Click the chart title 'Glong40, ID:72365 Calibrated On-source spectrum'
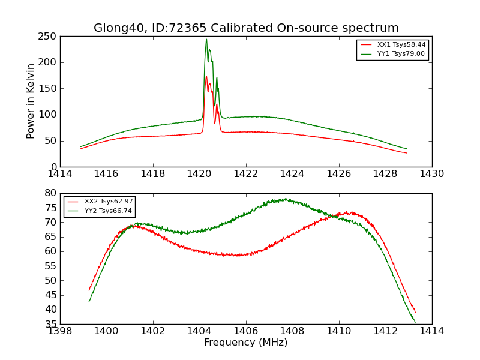(246, 28)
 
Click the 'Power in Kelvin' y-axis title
(31, 101)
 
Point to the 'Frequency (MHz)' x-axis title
(246, 343)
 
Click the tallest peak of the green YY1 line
(206, 40)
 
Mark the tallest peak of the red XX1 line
(206, 76)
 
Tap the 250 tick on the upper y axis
(49, 37)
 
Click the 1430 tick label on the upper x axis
(432, 174)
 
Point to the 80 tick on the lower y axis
(51, 193)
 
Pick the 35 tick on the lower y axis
(51, 324)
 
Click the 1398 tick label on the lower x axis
(60, 331)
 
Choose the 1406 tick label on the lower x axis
(246, 331)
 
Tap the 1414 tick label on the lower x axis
(432, 331)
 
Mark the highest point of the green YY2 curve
(286, 199)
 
